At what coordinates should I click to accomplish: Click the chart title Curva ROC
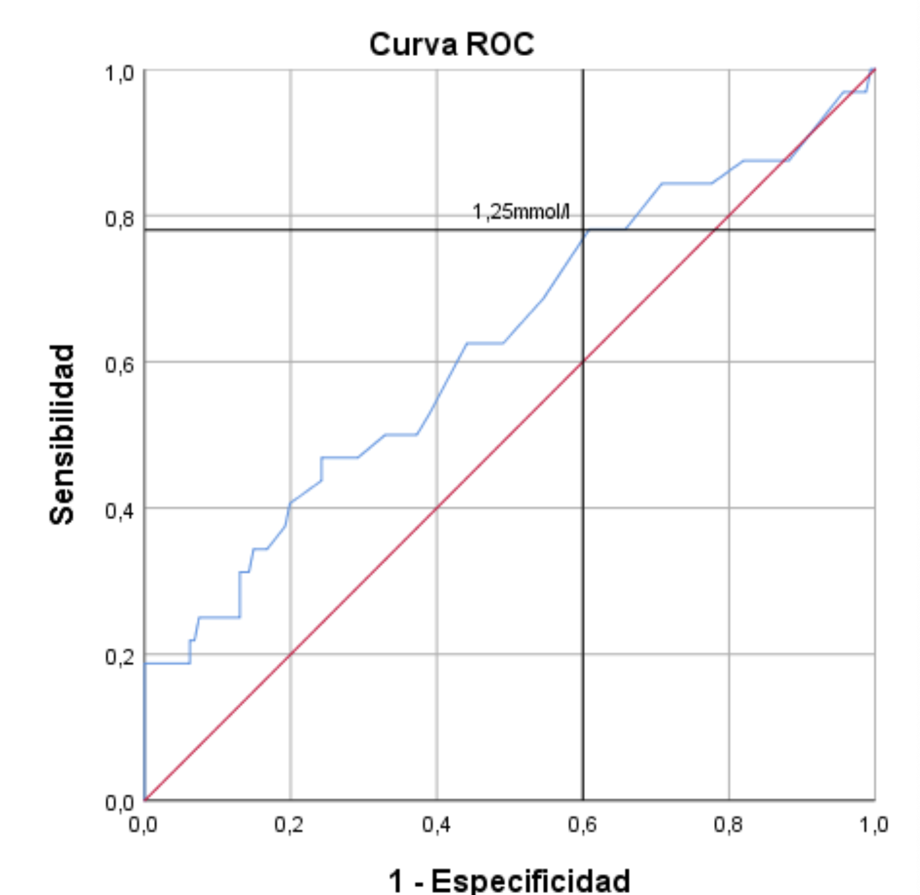pos(451,45)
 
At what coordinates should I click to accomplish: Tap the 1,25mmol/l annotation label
pos(521,211)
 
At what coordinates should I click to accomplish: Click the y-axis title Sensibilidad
pos(63,434)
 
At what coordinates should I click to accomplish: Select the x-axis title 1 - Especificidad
pos(509,881)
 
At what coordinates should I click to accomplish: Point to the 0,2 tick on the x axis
pos(290,824)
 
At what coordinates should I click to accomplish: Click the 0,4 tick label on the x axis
pos(436,824)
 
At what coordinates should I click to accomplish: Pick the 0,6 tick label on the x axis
pos(582,824)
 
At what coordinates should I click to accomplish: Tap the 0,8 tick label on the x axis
pos(728,824)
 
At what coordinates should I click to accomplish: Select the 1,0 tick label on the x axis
pos(874,824)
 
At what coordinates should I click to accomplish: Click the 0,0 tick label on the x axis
pos(143,824)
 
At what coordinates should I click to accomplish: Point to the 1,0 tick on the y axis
pos(120,72)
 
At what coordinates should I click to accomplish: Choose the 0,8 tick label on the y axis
pos(120,218)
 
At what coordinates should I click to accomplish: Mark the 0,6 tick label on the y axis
pos(120,365)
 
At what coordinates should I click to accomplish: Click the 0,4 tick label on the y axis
pos(120,511)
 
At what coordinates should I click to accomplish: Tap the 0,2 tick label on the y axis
pos(120,657)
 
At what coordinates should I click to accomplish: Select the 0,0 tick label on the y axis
pos(120,802)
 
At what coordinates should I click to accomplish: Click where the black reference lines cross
pos(583,230)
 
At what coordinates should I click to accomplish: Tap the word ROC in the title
pos(500,45)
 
